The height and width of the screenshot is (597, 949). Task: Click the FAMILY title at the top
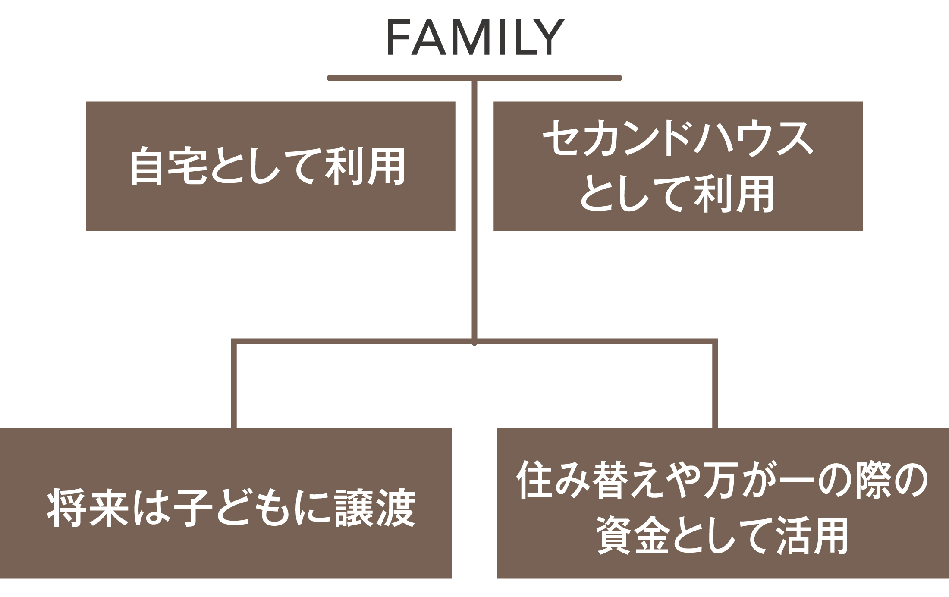pos(475,38)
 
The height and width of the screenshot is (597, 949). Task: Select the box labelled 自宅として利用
pos(271,166)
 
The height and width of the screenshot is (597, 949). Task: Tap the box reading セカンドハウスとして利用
pos(678,166)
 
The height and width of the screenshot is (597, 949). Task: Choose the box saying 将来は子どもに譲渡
pos(226,503)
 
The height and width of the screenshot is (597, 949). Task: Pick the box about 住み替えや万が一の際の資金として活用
pos(723,503)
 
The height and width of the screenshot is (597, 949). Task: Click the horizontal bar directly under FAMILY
pos(474,78)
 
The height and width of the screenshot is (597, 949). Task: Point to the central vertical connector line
pos(474,211)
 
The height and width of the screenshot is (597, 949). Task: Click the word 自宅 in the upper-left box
pos(167,166)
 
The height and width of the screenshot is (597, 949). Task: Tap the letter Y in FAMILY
pos(549,38)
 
